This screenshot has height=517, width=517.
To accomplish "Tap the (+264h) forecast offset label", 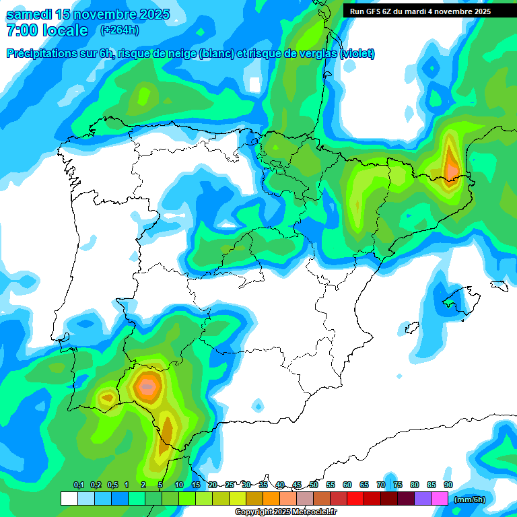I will [x=119, y=30].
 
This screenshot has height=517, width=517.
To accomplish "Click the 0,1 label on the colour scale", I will [x=78, y=485].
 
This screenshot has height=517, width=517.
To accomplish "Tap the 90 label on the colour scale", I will [x=448, y=485].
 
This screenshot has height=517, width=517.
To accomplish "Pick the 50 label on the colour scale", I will [x=314, y=485].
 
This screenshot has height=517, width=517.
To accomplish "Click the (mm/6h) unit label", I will [x=470, y=499].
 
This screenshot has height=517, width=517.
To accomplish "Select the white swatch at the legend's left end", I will [x=69, y=498].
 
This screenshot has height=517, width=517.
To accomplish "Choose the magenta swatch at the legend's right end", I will [x=440, y=498].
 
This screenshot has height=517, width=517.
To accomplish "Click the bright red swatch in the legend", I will [x=355, y=498].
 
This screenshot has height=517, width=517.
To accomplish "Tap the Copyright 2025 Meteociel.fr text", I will [x=285, y=512].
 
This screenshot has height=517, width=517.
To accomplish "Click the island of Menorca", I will [x=499, y=285].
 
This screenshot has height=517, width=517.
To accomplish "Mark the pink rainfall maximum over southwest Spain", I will [x=147, y=387].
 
